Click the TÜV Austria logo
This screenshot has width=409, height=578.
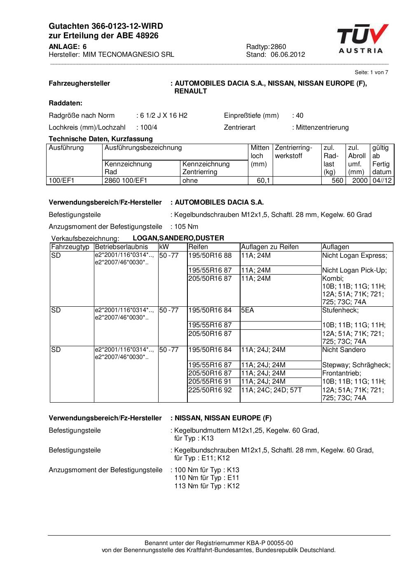click(362, 39)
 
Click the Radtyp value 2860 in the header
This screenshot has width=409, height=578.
click(278, 47)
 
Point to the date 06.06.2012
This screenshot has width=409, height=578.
click(288, 54)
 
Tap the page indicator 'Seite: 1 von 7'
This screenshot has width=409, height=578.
click(371, 72)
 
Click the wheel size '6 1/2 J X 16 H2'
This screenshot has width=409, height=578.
click(164, 116)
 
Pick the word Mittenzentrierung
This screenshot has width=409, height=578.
click(322, 128)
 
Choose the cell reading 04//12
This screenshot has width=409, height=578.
click(382, 181)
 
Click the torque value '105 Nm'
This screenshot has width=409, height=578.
click(186, 227)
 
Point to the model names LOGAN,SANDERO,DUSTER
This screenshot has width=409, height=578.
click(178, 238)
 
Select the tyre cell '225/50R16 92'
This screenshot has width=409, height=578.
click(210, 390)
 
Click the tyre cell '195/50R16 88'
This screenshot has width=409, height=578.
click(210, 256)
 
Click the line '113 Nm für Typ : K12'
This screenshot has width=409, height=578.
click(207, 486)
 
